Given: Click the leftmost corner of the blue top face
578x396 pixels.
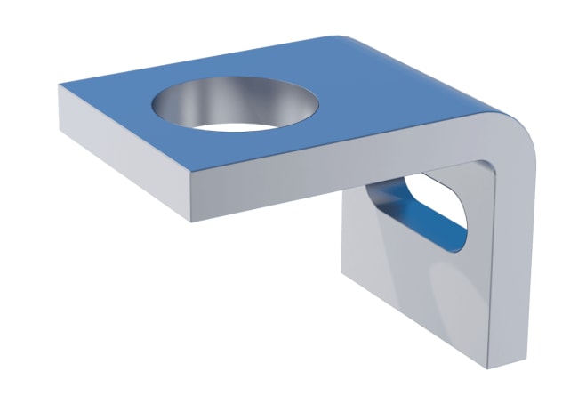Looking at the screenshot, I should pos(60,85).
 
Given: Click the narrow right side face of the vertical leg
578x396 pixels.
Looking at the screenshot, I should pos(516,267).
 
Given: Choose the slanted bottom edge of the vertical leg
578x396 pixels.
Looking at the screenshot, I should pos(418,320).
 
